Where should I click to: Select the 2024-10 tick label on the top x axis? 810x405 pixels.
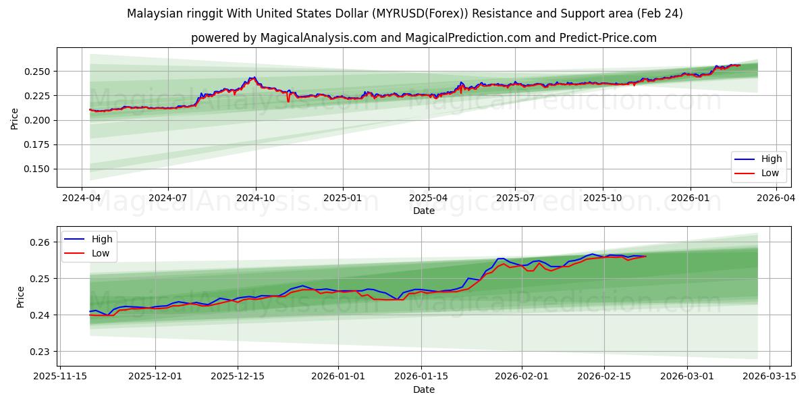click(x=255, y=198)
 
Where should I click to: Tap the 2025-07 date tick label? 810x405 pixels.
click(x=515, y=198)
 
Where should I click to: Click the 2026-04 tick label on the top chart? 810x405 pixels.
click(x=775, y=198)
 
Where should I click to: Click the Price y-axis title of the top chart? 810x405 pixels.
click(x=15, y=119)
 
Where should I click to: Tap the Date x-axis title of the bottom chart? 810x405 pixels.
click(x=423, y=389)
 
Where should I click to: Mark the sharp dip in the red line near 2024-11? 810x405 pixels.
click(x=288, y=101)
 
